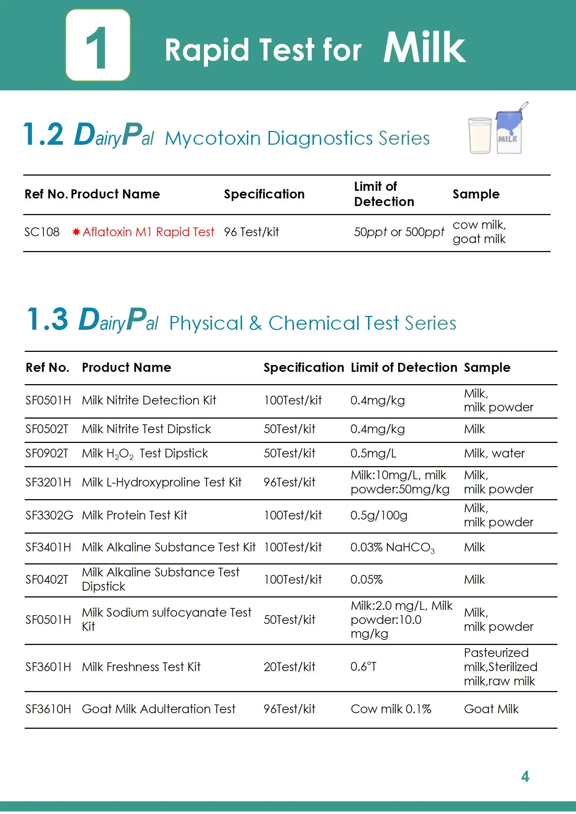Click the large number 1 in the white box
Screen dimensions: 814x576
coord(97,48)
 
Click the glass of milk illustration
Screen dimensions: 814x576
coord(479,135)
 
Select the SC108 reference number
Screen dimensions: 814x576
coord(42,232)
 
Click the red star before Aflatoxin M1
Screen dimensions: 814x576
coord(76,232)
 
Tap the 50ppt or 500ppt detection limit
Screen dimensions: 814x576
coord(399,232)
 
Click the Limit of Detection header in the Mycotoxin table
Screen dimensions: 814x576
coord(384,194)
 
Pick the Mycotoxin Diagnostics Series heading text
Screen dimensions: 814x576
coord(297,139)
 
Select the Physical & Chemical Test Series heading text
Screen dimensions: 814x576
coord(312,323)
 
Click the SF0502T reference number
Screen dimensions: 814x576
coord(46,429)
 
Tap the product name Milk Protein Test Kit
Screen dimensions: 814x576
coord(134,515)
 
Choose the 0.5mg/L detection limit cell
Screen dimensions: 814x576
coord(373,453)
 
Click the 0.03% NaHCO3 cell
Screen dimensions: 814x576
coord(392,547)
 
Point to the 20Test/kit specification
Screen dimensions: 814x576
coord(289,667)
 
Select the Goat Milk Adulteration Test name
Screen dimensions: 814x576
coord(159,709)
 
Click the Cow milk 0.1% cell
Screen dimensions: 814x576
coord(391,709)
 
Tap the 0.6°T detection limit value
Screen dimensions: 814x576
coord(363,667)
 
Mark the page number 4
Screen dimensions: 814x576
coord(525,776)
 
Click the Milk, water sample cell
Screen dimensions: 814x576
coord(494,453)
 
